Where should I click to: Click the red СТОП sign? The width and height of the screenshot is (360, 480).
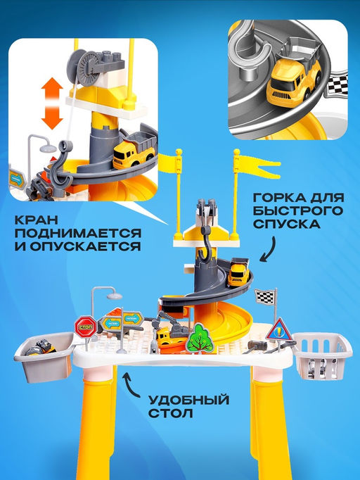86,327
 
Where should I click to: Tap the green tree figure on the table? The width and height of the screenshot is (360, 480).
200,339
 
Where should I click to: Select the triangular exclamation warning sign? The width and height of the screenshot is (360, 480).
279,330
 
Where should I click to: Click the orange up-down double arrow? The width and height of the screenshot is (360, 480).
52,103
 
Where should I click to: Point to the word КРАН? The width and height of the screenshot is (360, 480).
37,220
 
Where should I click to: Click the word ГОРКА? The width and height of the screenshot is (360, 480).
279,198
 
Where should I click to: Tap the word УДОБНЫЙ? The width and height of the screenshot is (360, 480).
188,400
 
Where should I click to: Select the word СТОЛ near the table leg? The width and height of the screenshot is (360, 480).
170,413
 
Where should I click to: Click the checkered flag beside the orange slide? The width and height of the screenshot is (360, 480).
265,296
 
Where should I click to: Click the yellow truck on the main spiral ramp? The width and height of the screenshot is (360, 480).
239,271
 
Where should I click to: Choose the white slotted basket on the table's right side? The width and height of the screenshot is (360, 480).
322,355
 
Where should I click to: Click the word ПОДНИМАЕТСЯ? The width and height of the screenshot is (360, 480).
78,233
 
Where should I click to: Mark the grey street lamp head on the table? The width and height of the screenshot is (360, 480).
115,296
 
